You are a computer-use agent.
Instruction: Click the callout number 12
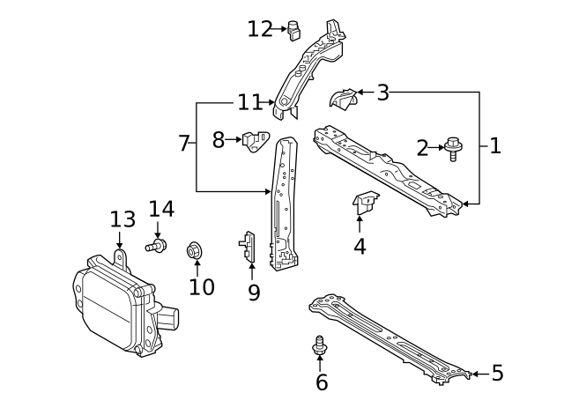260,29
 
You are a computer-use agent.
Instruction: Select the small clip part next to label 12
294,31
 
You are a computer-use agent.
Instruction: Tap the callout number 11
249,102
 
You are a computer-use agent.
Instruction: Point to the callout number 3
382,92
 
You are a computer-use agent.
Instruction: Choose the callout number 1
494,146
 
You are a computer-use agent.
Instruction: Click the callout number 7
184,143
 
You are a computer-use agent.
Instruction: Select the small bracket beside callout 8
256,140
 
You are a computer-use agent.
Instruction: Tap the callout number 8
219,139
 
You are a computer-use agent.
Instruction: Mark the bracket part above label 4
365,203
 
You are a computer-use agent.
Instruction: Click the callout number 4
360,246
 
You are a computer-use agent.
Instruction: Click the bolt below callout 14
156,248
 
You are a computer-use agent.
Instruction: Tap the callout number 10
201,286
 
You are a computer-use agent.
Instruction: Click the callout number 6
322,382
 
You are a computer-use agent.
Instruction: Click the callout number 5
497,374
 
